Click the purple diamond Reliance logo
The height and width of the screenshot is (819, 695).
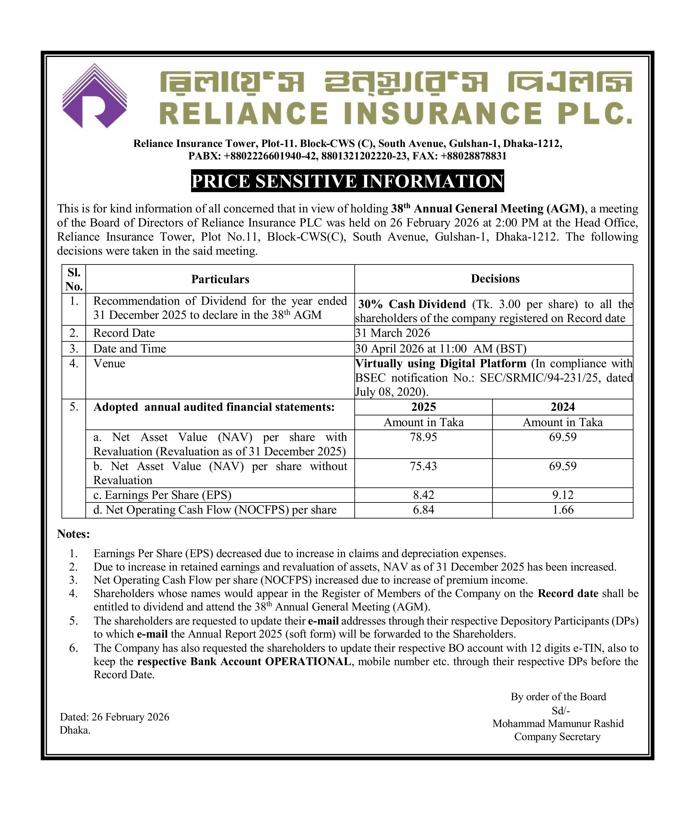click(95, 96)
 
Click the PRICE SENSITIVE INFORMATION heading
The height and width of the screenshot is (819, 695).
click(347, 181)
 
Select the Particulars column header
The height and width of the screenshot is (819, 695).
click(220, 280)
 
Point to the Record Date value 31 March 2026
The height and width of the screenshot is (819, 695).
click(392, 333)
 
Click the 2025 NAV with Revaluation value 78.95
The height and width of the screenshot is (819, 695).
click(423, 437)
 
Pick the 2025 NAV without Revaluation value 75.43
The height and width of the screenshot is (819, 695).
click(423, 466)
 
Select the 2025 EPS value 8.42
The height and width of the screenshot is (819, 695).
click(423, 495)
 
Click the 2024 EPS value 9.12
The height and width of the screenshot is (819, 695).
click(562, 495)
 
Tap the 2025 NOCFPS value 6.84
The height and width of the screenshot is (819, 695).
click(423, 510)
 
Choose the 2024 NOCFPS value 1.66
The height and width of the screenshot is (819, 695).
click(562, 510)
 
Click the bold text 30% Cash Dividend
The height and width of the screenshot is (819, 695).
click(412, 304)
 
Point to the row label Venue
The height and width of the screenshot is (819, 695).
click(109, 363)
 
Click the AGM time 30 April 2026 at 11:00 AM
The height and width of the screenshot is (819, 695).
click(440, 349)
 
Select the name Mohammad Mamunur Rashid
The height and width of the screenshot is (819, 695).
click(558, 724)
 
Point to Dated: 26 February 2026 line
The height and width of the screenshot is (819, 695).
click(115, 717)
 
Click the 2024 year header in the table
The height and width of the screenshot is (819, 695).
click(562, 407)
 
